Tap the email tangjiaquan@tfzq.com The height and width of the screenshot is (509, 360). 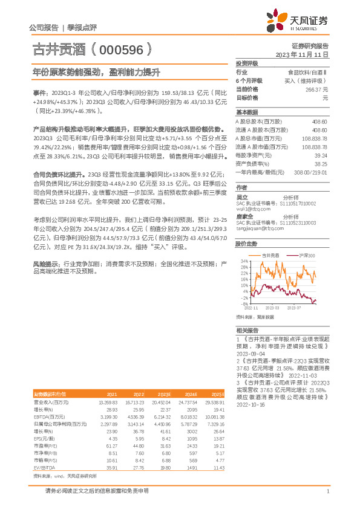259,229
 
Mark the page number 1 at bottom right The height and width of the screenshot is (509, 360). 327,492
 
